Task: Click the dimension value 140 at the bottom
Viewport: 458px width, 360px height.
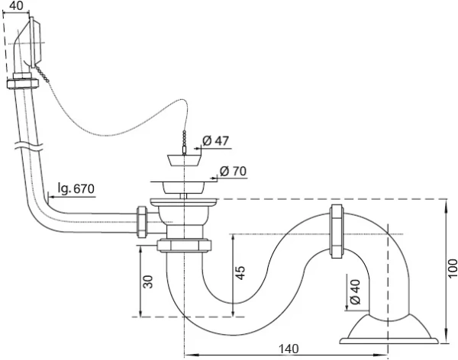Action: (x=288, y=349)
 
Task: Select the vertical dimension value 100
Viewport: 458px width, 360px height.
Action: (x=452, y=266)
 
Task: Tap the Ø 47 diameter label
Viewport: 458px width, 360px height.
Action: (x=217, y=140)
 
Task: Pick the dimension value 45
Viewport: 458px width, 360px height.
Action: (x=239, y=272)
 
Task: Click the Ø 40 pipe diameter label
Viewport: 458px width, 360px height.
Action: (x=354, y=292)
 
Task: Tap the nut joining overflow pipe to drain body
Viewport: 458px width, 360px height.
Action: (x=141, y=222)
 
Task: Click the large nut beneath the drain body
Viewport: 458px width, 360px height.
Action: (x=183, y=246)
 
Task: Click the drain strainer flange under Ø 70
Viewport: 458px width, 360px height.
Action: (x=183, y=184)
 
